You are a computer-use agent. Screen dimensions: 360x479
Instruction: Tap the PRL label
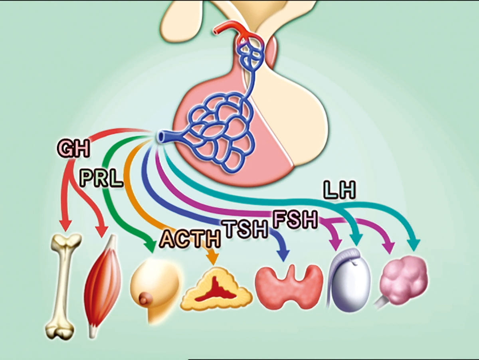(101, 178)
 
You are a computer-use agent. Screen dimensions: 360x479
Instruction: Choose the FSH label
(295, 220)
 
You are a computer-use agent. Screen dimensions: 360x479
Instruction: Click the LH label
(339, 191)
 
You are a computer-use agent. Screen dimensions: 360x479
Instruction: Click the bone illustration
(63, 285)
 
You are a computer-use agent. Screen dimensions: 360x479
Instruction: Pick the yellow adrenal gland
(216, 289)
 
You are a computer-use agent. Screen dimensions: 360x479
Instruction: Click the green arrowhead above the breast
(151, 245)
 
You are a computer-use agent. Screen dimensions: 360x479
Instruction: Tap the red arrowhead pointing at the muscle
(102, 231)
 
